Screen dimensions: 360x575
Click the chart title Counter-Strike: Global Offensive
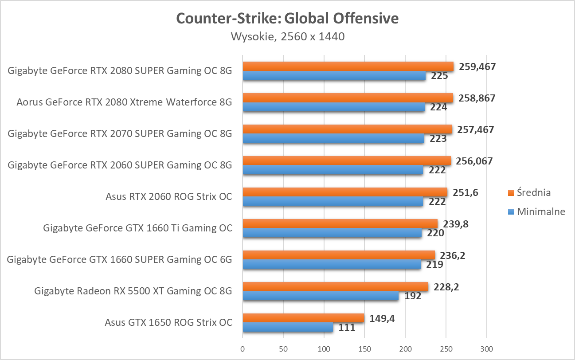tap(287, 18)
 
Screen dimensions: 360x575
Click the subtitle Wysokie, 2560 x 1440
tap(287, 36)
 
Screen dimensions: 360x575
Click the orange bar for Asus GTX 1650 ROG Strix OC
tap(303, 318)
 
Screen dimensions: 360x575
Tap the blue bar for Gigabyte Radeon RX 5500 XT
tap(320, 296)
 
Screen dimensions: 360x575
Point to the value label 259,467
tap(477, 67)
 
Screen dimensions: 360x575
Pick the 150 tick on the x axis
tap(364, 349)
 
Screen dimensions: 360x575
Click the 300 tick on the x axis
tap(487, 349)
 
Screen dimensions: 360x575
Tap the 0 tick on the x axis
tap(243, 349)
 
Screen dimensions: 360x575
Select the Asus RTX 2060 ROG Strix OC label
tap(168, 196)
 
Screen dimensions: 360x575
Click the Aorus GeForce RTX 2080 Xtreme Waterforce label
tap(124, 102)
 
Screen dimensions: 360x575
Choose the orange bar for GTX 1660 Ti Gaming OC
tap(340, 223)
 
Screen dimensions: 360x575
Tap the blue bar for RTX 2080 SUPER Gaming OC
tap(334, 76)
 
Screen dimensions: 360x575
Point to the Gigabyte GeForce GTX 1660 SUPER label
tap(119, 259)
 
